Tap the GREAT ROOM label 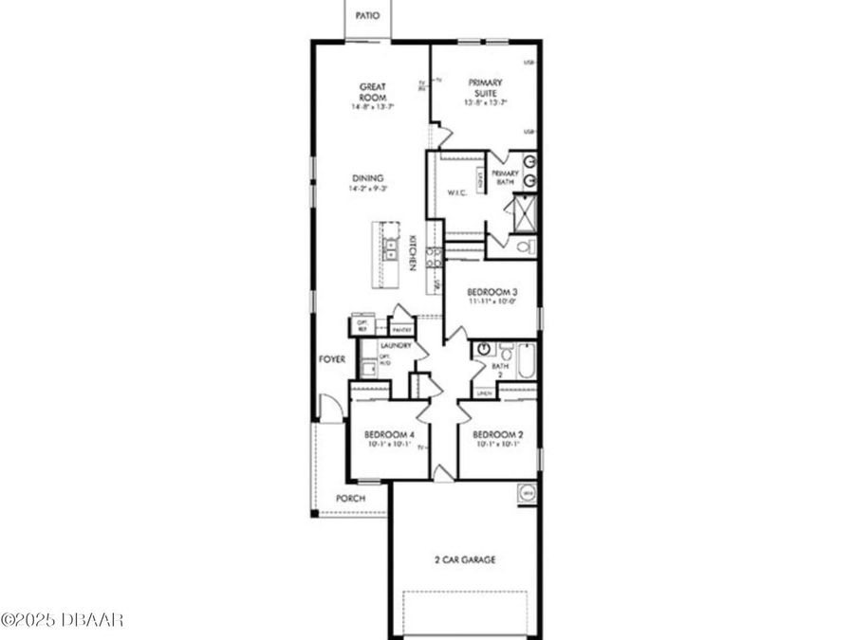tap(371, 93)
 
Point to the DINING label tap(367, 178)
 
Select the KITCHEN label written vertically tap(414, 253)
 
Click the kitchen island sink tap(390, 249)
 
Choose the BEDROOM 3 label tap(491, 293)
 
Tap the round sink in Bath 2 tap(485, 350)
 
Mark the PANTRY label tap(401, 329)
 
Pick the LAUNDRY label tap(396, 346)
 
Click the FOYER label tap(332, 359)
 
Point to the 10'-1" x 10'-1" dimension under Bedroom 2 tap(498, 444)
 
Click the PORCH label tap(350, 499)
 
